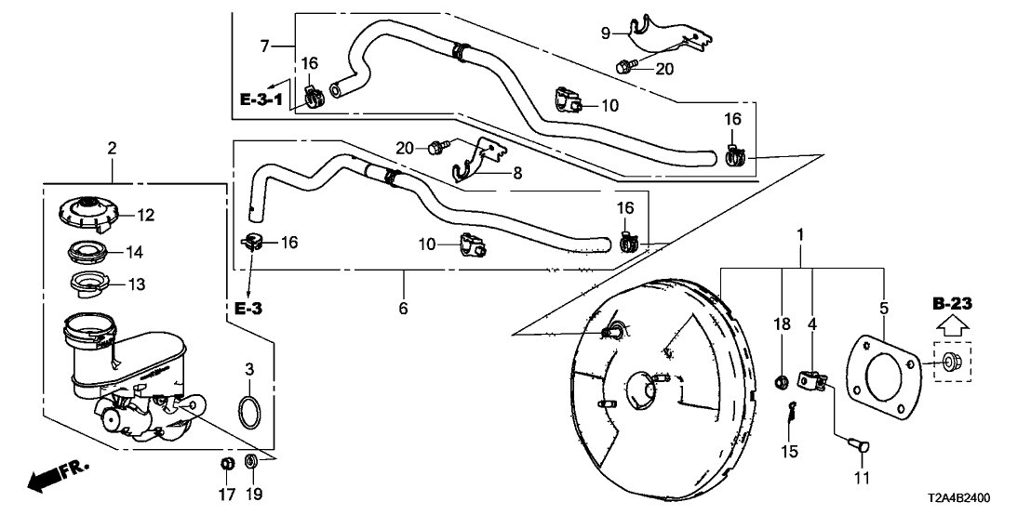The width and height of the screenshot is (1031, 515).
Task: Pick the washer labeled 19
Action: [251, 462]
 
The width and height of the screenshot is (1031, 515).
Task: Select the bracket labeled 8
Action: [480, 160]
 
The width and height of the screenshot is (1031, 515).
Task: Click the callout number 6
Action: [404, 308]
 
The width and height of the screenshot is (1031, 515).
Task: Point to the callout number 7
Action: [264, 45]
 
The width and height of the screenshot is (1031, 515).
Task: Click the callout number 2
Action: [112, 148]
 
